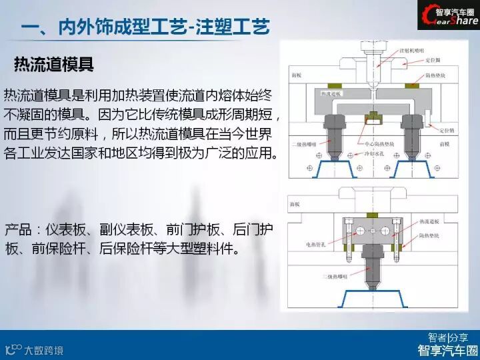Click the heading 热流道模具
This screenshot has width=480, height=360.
(53, 65)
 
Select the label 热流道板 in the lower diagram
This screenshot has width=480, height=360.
(429, 221)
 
